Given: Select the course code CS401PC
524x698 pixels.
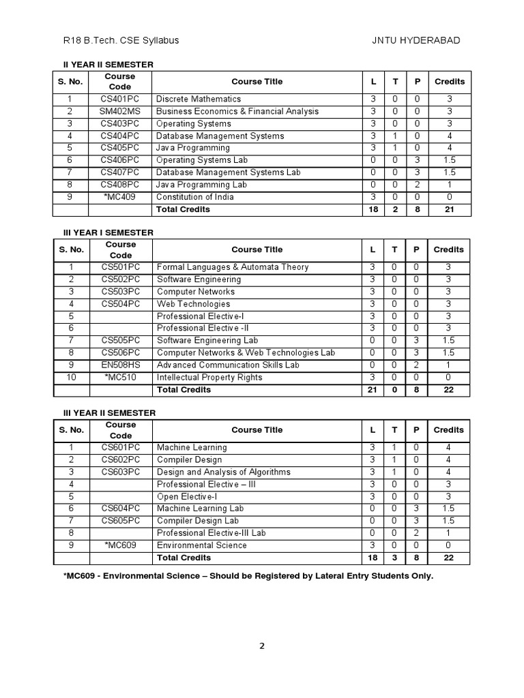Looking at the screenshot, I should (x=120, y=99).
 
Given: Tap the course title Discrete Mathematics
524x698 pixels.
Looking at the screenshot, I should (x=199, y=99).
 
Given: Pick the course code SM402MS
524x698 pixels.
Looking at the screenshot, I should (x=120, y=111).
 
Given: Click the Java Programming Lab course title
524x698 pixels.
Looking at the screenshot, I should (x=201, y=185).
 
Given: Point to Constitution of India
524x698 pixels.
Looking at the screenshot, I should (x=195, y=197).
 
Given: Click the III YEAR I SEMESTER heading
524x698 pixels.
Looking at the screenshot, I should (x=104, y=232).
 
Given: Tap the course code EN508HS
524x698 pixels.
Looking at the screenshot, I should (x=121, y=365).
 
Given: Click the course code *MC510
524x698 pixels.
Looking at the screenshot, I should (x=121, y=378).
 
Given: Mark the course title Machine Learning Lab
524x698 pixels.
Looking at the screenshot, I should (x=200, y=509).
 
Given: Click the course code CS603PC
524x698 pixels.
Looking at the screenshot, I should (x=121, y=472).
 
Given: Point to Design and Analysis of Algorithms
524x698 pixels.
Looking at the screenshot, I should (x=223, y=472).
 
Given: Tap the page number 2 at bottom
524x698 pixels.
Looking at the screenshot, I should (x=262, y=647).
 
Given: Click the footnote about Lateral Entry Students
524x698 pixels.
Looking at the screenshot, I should (x=248, y=576).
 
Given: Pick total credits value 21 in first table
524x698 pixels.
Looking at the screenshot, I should (x=449, y=209).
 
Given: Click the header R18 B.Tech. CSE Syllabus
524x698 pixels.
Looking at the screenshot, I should (x=121, y=40).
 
